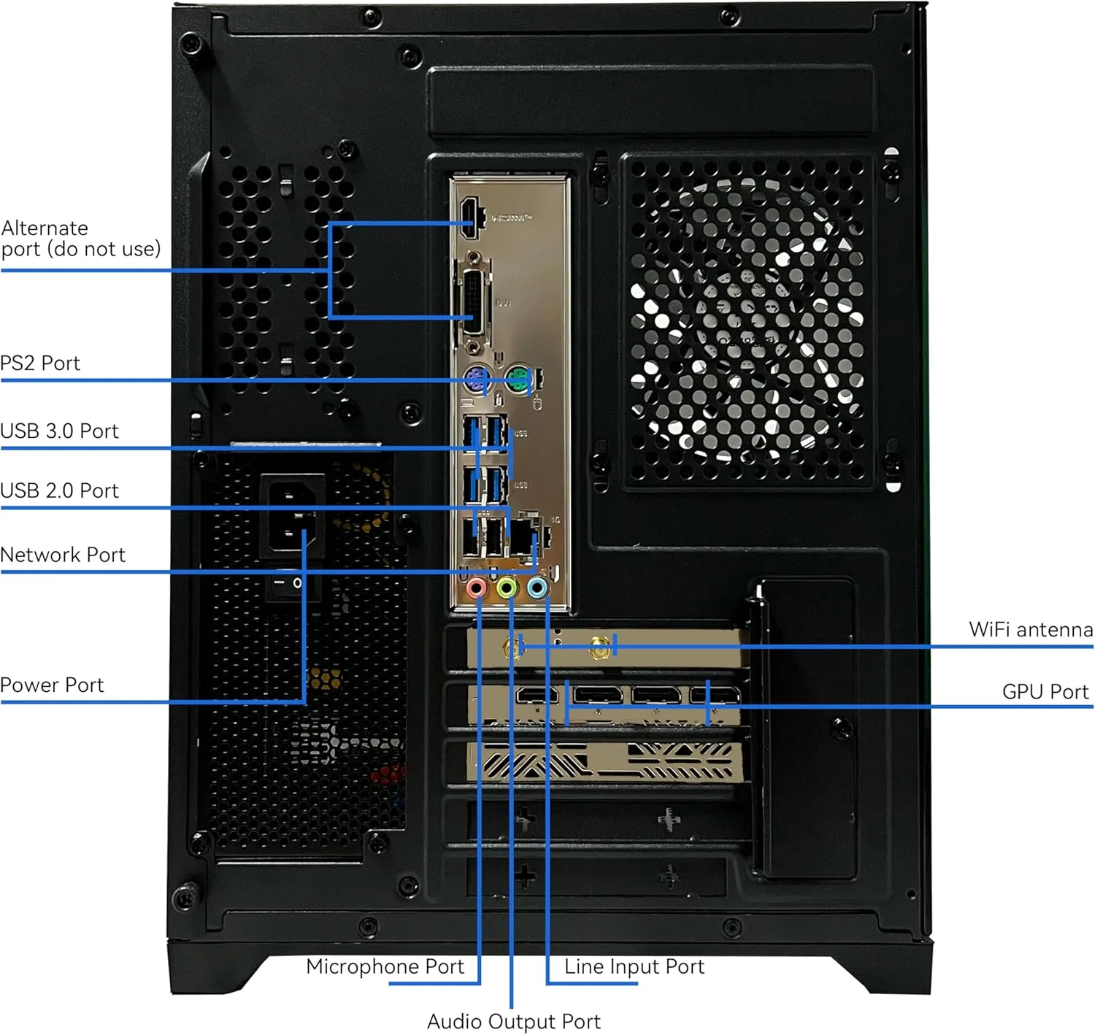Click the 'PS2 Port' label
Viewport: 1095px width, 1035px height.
coord(40,363)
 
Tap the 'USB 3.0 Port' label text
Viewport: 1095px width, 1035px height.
coord(59,431)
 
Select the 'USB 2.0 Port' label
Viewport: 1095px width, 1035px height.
coord(59,490)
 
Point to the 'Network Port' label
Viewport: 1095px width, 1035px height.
coord(63,555)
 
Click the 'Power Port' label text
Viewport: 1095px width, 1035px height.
coord(52,685)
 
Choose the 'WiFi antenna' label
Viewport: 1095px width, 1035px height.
coord(1030,629)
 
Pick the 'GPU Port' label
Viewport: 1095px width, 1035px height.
coord(1045,691)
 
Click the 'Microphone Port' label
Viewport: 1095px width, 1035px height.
coord(385,966)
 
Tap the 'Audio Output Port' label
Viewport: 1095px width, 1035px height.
coord(513,1021)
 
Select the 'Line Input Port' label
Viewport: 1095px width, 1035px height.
coord(634,966)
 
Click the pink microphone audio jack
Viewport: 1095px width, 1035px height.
coord(477,588)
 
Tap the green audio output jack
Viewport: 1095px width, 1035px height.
coord(507,588)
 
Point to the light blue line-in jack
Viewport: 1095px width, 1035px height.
coord(537,588)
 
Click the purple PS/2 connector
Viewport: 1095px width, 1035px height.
coord(476,380)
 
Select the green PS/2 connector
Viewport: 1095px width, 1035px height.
coord(518,380)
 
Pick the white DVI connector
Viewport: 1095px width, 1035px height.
coord(475,302)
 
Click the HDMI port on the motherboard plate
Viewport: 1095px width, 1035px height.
coord(469,217)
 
